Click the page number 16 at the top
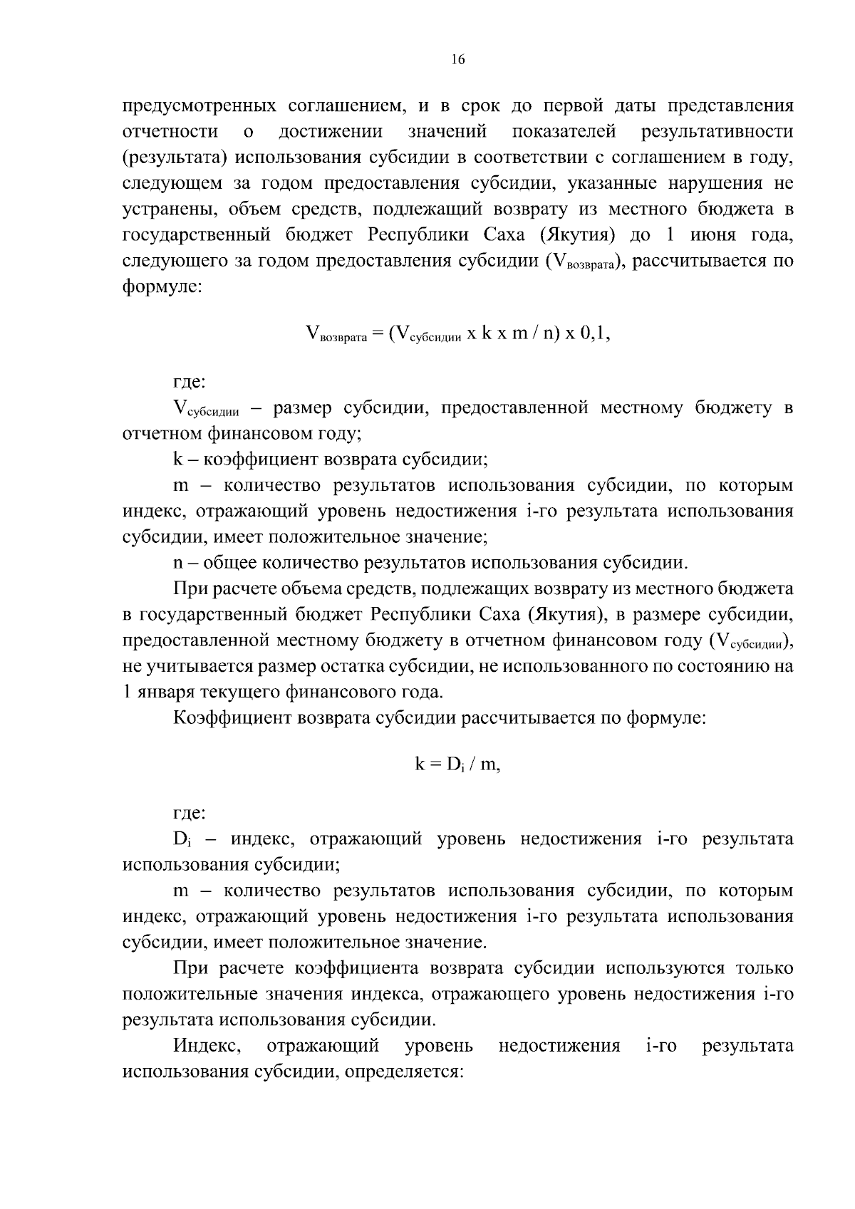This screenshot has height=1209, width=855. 457,60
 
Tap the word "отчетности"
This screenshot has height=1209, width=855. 170,132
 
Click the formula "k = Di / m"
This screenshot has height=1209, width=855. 457,765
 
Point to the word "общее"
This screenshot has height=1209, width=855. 232,564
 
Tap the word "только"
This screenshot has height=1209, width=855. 764,969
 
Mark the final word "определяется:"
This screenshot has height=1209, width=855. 405,1072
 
